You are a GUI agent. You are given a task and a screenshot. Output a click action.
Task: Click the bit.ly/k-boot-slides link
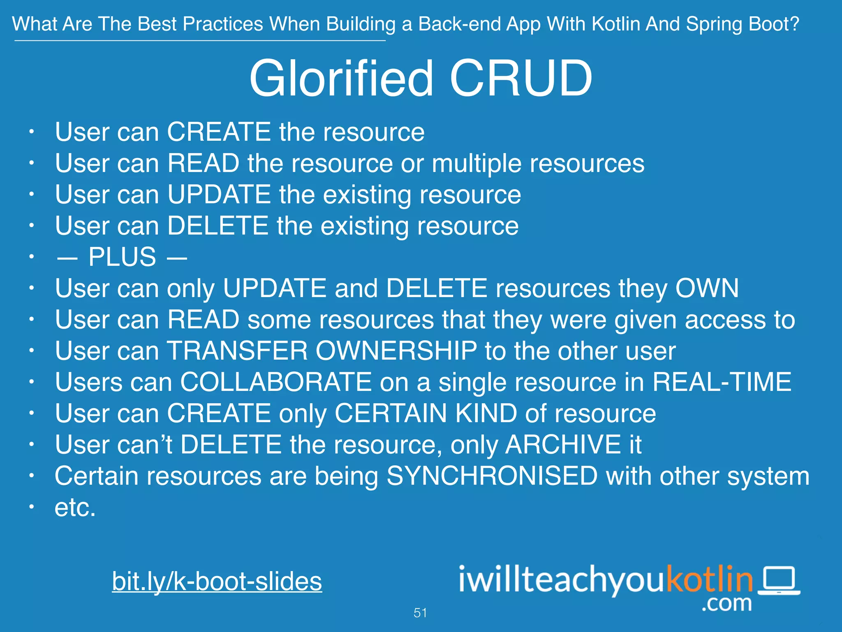coord(217,581)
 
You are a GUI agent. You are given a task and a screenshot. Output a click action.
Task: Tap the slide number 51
coord(420,613)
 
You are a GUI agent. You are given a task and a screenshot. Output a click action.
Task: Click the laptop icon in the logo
coord(779,581)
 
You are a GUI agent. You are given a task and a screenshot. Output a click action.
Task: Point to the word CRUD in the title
coord(520,78)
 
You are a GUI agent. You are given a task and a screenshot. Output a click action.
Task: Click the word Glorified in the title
coord(341,78)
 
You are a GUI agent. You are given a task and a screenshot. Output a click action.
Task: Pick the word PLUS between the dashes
coord(122,257)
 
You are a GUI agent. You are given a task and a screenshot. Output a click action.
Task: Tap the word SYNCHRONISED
coord(492,476)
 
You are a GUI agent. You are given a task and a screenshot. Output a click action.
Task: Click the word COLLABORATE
coord(276,382)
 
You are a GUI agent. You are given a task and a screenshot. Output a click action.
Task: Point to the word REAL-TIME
coord(722,382)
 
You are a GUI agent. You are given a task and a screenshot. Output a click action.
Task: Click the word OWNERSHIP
coord(396,351)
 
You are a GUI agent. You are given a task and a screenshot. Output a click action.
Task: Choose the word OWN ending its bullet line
coord(707,288)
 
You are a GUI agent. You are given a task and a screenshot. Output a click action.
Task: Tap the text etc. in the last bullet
coord(75,508)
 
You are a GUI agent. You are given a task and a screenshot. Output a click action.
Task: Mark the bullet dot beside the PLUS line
coord(31,257)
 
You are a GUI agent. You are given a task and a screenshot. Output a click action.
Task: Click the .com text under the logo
coord(726,604)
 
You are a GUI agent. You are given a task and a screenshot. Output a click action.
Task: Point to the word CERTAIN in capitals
coord(391,413)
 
